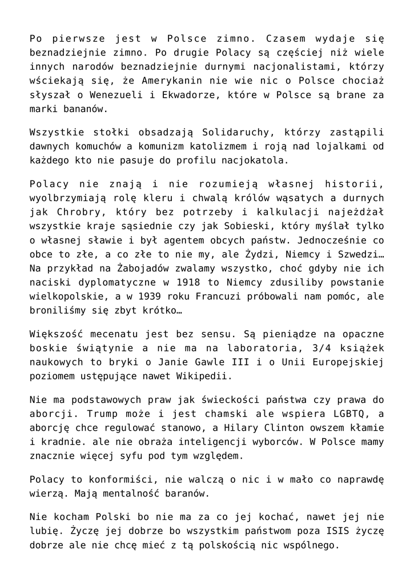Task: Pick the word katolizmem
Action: click(x=212, y=146)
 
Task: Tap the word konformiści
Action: click(x=115, y=478)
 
